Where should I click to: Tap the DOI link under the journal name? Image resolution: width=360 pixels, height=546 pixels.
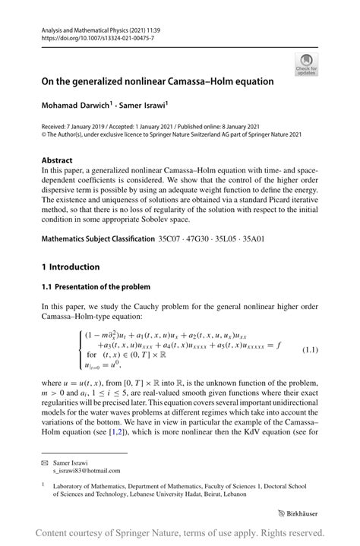point(91,36)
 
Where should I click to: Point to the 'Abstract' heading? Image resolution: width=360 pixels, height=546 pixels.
point(57,161)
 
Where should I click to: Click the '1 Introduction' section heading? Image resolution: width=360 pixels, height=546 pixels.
point(71,267)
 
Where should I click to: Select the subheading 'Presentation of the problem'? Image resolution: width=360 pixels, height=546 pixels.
point(100,286)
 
